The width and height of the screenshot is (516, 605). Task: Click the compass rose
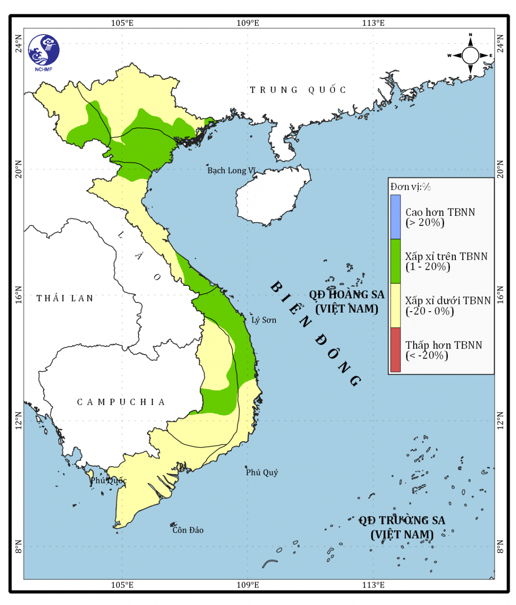(470, 56)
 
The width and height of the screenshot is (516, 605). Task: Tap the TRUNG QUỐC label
(298, 90)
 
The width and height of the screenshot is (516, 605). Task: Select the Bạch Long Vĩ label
(231, 170)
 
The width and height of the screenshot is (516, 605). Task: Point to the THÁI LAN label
(65, 299)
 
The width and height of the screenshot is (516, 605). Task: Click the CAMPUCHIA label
(121, 402)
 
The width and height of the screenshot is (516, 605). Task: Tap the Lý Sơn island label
(264, 320)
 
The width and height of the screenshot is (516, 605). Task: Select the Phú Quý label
(261, 472)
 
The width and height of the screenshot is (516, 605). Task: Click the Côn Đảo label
(188, 530)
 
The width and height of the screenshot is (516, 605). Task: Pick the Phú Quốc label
(108, 481)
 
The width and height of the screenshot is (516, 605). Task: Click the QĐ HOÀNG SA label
(347, 301)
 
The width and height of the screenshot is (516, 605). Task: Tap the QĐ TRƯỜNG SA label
(402, 527)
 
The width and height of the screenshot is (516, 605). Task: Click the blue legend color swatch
(395, 217)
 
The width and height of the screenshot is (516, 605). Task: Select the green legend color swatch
(395, 261)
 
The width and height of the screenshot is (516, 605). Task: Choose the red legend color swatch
(395, 350)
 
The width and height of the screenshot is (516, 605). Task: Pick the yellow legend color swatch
(395, 306)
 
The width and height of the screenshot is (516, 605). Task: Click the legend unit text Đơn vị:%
(411, 187)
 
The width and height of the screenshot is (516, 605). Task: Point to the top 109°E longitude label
(248, 23)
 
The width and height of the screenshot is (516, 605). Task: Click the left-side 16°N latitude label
(18, 295)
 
